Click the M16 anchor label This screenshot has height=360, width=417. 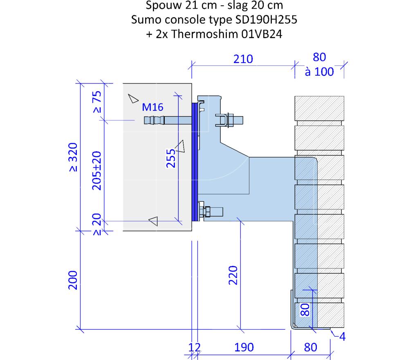tap(152, 107)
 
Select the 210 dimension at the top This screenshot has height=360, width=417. tap(243, 59)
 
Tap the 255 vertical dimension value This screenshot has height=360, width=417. tap(171, 158)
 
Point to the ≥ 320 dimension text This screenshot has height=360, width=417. tap(73, 157)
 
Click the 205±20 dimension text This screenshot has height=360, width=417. tap(96, 171)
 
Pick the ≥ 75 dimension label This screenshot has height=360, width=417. tap(97, 102)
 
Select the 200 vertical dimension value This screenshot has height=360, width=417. tap(73, 280)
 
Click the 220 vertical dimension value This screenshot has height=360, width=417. tap(233, 275)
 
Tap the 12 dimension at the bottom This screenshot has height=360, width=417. tap(195, 347)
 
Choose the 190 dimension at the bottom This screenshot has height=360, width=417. tap(244, 347)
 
